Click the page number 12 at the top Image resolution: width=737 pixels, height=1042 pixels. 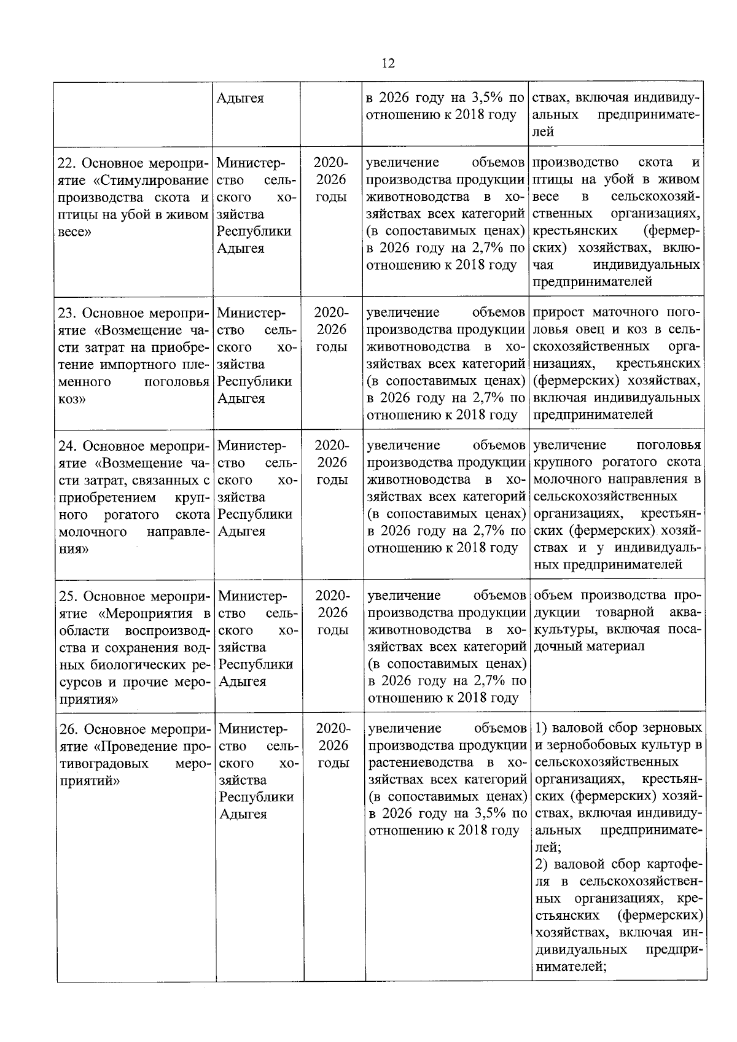pyautogui.click(x=388, y=64)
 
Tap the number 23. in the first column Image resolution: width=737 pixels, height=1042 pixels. pyautogui.click(x=66, y=314)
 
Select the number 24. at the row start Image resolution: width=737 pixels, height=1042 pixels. pyautogui.click(x=67, y=446)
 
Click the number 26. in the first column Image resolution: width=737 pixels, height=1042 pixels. pyautogui.click(x=68, y=730)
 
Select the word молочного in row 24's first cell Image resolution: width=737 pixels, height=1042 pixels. pyautogui.click(x=93, y=532)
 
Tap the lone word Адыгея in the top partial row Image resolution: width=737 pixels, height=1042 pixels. pyautogui.click(x=240, y=98)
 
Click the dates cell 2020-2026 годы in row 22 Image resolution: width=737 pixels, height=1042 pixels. pyautogui.click(x=331, y=180)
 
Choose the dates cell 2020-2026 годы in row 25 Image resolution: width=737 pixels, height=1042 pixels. pyautogui.click(x=332, y=613)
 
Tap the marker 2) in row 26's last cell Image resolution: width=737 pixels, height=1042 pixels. pyautogui.click(x=544, y=865)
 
